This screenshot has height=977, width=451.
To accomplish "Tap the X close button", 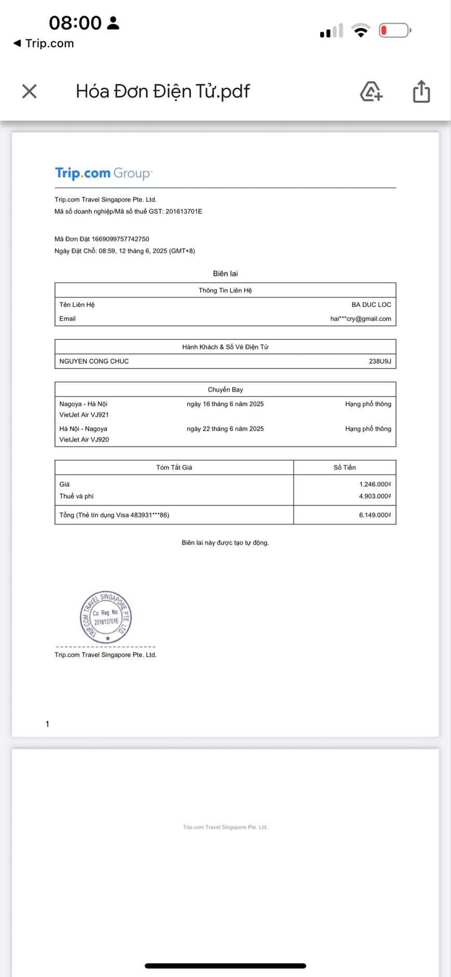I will pos(30,91).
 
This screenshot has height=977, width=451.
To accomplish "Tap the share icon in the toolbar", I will pos(421,91).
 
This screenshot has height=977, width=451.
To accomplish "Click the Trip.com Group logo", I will pos(103,173).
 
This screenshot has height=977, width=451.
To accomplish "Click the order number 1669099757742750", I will pos(120,239).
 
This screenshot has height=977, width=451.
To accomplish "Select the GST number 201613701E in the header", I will pos(184,212).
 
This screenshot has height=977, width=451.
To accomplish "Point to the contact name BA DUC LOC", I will pos(371,305).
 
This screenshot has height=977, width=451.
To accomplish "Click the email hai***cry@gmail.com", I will pos(360,319).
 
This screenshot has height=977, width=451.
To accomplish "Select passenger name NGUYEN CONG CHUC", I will pos(94,361).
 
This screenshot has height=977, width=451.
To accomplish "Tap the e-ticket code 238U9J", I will pos(380,361).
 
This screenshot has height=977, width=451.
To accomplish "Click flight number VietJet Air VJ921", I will pos(84,415).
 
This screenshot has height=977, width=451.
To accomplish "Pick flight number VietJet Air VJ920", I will pos(84,439).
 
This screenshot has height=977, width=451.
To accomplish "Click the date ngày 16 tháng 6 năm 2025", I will pos(225,404).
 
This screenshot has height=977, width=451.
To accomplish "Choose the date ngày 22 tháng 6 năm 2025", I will pos(225,429).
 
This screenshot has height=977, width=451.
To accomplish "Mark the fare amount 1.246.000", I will pos(375,484).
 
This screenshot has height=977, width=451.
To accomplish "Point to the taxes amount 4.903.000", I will pos(375,496).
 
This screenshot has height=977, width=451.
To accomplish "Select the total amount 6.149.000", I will pos(375,515).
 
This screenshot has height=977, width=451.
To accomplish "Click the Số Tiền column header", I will pos(345,467).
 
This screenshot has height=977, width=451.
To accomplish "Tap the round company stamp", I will pos(106,617).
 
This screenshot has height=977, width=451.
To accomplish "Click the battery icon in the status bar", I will pos(394,31).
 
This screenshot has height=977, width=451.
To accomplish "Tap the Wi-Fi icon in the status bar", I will pos(360,31).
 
